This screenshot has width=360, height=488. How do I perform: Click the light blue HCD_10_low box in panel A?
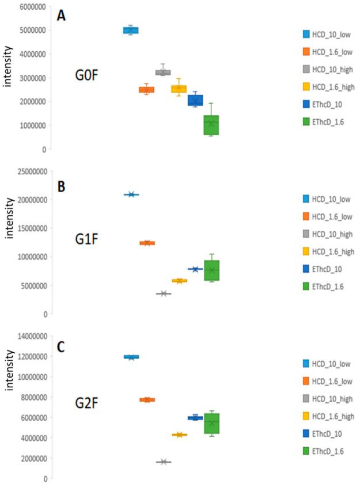pos(131,30)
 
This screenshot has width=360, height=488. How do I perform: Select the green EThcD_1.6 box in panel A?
pos(211,124)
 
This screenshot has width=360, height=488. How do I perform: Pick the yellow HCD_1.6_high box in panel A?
pos(179,89)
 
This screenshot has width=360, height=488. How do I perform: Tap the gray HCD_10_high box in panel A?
pos(163,73)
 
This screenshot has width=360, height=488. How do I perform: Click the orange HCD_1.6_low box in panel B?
pos(147,243)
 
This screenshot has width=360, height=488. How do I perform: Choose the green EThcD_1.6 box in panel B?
pos(211,270)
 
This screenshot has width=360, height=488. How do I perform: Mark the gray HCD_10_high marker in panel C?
pos(164,462)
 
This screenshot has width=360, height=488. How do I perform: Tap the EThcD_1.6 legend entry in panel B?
pos(327,286)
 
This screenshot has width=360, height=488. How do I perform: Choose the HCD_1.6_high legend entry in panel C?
pos(327,415)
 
